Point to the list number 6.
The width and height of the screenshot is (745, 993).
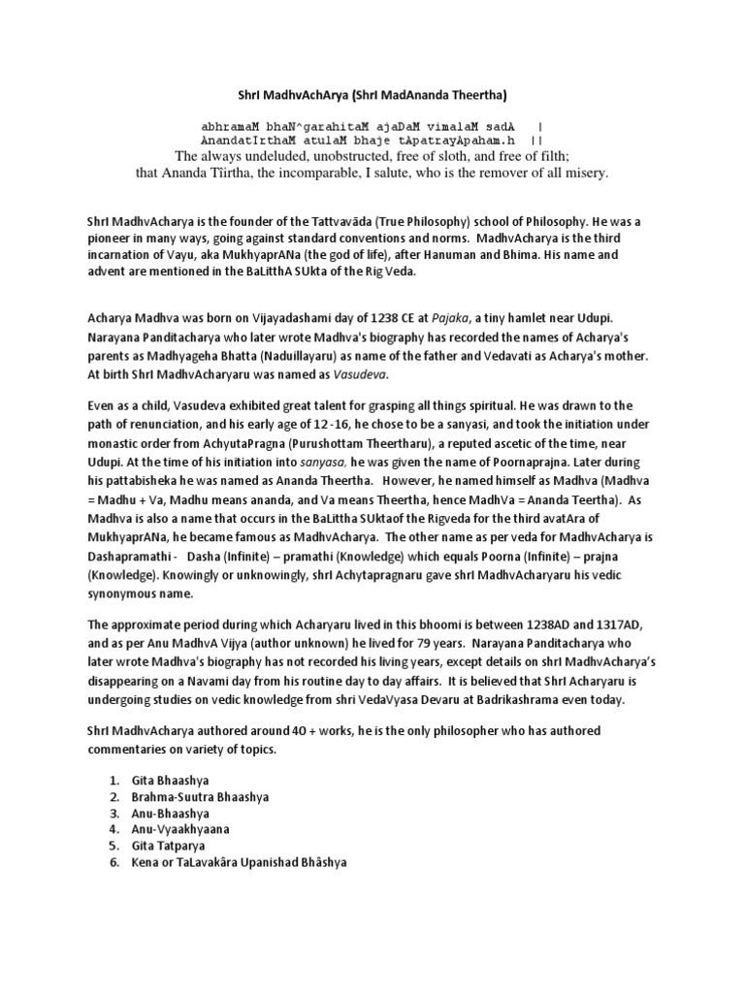click(x=113, y=863)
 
